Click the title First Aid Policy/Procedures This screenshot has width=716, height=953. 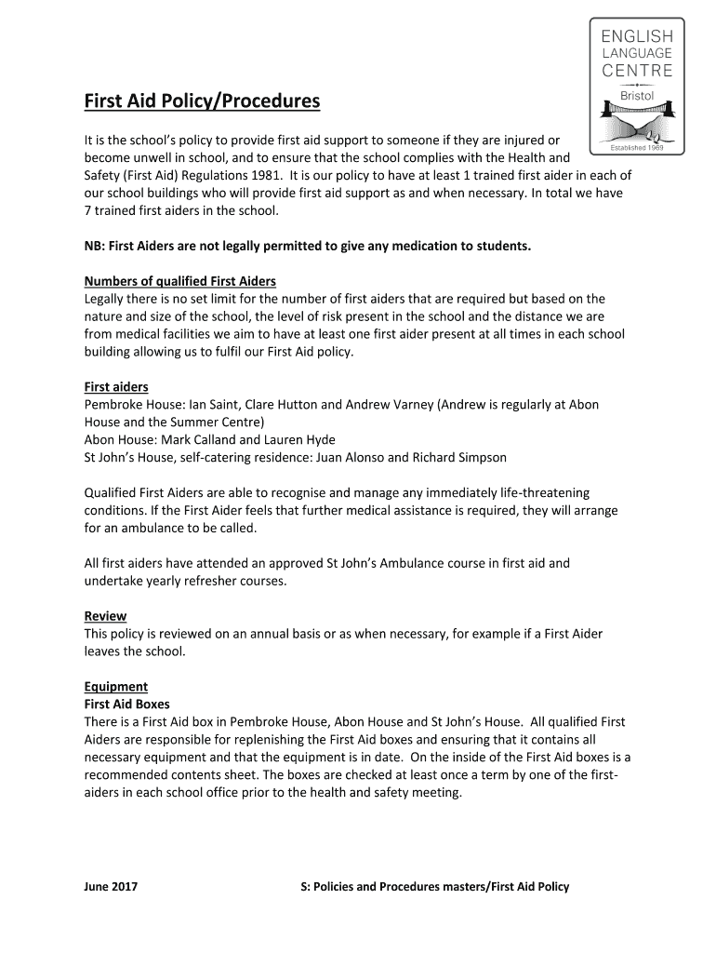tap(202, 101)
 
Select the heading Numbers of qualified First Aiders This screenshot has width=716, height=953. tap(180, 281)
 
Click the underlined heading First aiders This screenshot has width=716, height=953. tap(116, 386)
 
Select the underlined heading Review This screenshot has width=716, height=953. tap(105, 616)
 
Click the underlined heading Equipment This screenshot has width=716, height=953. tap(116, 687)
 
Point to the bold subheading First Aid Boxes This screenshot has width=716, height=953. tap(127, 705)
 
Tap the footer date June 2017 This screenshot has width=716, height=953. tap(111, 887)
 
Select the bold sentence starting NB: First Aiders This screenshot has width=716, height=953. tap(308, 246)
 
